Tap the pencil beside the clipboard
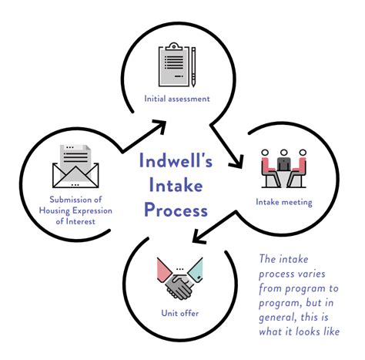[193, 66]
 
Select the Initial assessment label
[177, 99]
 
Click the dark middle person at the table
[285, 163]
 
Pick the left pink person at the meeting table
[266, 165]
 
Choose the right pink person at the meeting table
[303, 165]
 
